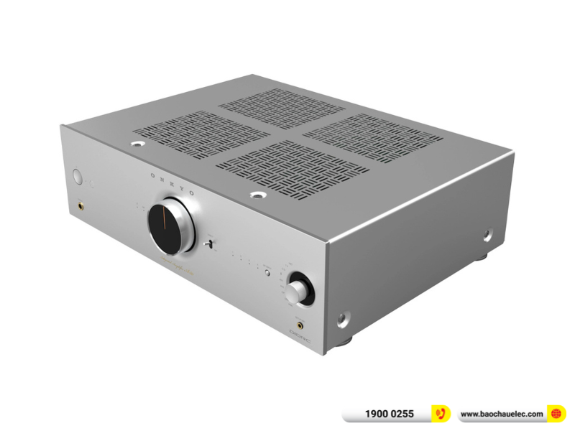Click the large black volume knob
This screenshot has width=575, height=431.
(x=172, y=226)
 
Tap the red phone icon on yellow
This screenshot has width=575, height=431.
(x=441, y=414)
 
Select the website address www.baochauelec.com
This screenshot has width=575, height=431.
(x=501, y=414)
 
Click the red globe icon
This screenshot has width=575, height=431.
(x=556, y=414)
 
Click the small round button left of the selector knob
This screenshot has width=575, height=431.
(x=266, y=272)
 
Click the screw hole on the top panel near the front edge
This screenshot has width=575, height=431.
(x=256, y=194)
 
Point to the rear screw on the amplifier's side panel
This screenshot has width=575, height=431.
(x=487, y=234)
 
